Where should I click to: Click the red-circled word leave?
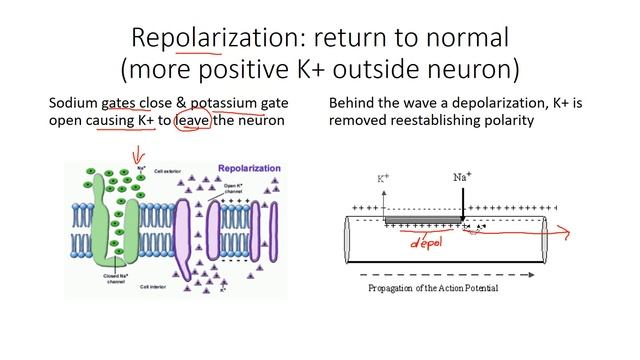coord(193,120)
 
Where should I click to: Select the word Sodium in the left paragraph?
coord(74,103)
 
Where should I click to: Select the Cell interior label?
coord(159,287)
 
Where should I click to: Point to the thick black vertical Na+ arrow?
coord(463,200)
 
